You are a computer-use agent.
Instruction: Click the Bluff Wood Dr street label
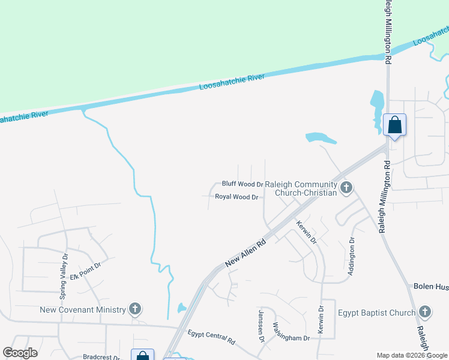pos(243,184)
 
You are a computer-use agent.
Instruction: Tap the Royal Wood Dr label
pos(237,197)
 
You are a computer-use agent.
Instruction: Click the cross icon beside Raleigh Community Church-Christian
pos(346,188)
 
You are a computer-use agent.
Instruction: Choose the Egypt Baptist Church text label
pos(376,313)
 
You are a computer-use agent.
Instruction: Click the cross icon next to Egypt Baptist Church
pos(425,312)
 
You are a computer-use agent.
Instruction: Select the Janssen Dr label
pos(261,326)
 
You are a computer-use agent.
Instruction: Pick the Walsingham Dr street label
pos(291,332)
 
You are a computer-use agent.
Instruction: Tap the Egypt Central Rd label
pos(211,337)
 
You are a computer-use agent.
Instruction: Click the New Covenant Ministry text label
pos(83,310)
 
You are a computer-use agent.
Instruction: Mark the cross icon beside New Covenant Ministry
pos(136,310)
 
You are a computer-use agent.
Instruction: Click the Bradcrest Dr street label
pos(101,356)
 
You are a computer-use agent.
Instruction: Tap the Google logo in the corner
pos(20,353)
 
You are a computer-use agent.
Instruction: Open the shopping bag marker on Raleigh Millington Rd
pos(394,125)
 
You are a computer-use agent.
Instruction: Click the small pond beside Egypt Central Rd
pos(182,309)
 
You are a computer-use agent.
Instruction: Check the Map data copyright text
pos(412,355)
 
